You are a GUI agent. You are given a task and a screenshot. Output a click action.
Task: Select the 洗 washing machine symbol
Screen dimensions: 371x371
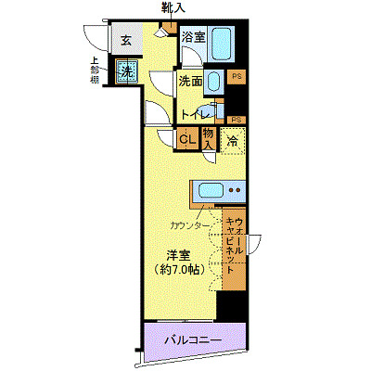pos(126,71)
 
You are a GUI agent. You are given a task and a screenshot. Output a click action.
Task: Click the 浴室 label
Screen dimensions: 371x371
pos(192,38)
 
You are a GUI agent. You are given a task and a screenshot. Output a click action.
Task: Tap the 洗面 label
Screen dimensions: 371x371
pos(190,82)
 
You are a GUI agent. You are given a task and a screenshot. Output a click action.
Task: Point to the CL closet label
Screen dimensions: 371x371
pos(185,139)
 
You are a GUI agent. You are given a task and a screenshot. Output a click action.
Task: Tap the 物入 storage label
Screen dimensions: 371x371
pos(209,139)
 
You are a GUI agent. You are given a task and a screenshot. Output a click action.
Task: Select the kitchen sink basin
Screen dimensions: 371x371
pos(209,193)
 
